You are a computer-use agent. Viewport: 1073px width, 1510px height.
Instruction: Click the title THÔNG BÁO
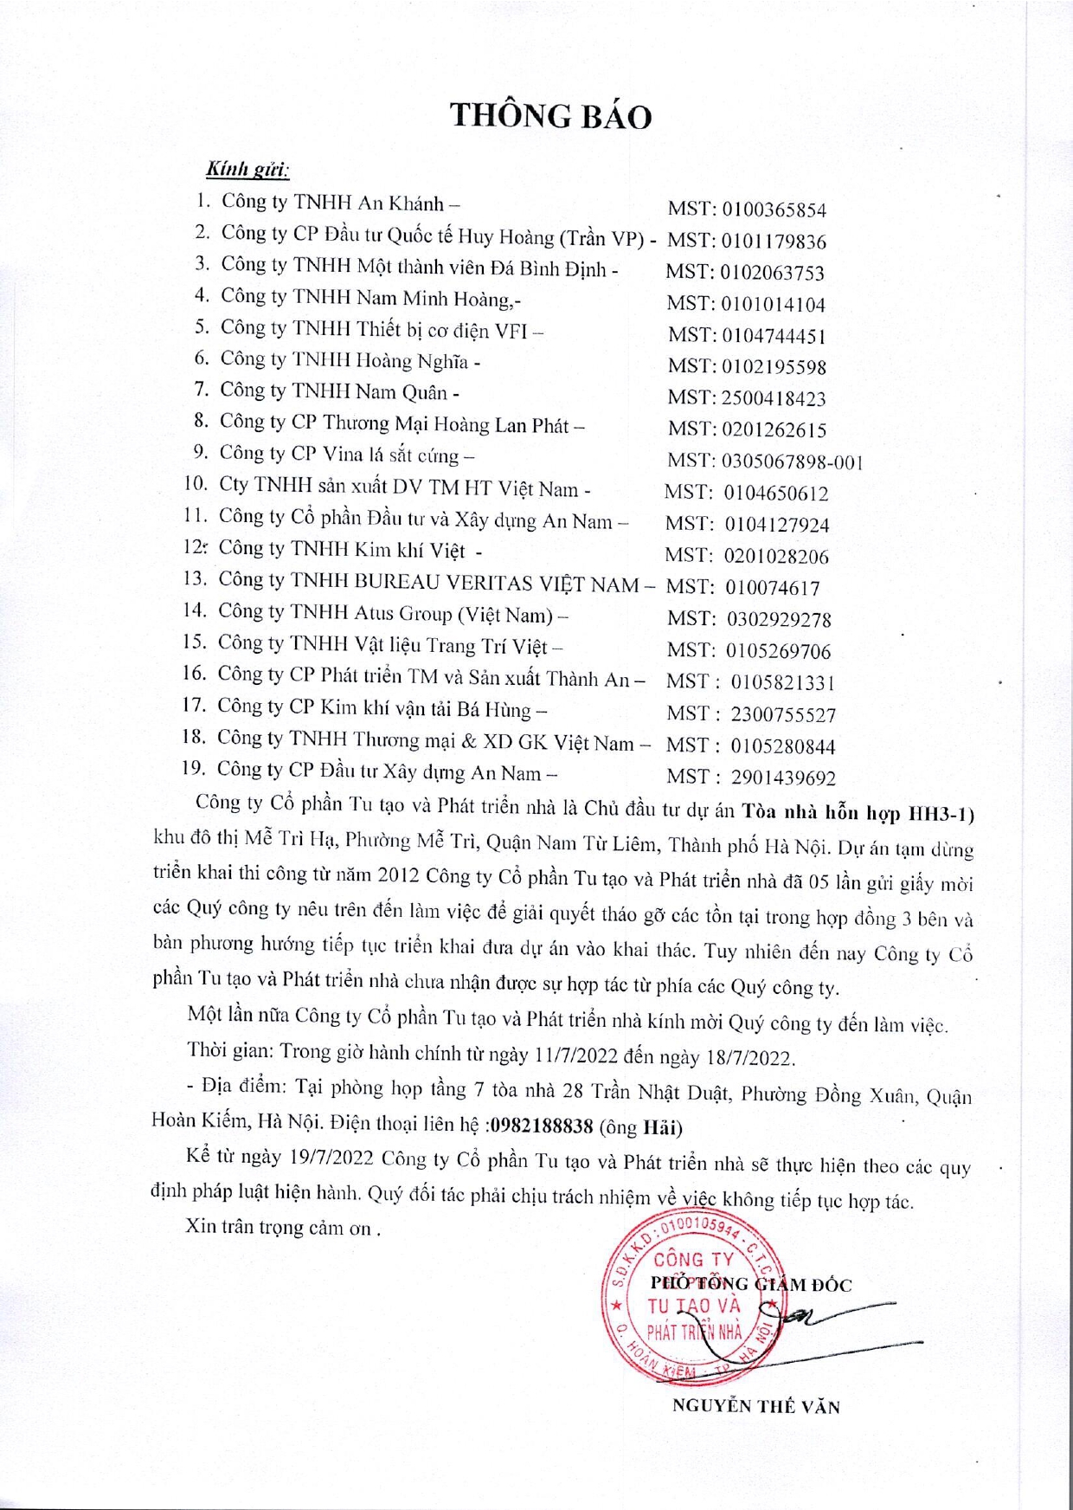pos(550,116)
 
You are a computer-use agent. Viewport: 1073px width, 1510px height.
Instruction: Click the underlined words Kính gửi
pos(247,169)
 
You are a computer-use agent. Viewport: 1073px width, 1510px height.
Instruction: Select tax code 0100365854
pos(774,210)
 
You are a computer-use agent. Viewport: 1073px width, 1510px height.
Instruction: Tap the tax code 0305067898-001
pos(792,462)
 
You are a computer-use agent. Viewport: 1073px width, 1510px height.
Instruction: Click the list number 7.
pos(201,390)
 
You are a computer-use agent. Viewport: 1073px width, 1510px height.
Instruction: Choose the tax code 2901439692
pos(783,778)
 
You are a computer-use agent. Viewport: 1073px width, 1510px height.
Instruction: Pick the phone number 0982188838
pos(542,1126)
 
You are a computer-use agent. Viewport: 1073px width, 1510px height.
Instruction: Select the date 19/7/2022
pos(331,1158)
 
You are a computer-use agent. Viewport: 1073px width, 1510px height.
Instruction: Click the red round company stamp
pos(692,1296)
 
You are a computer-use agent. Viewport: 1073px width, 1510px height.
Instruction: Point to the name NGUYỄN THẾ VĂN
pos(755,1406)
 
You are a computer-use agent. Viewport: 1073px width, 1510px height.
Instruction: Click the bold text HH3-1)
pos(941,814)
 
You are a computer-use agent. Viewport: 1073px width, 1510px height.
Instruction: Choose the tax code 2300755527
pos(783,715)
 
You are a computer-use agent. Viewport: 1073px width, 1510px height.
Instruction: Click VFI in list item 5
pos(511,331)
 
